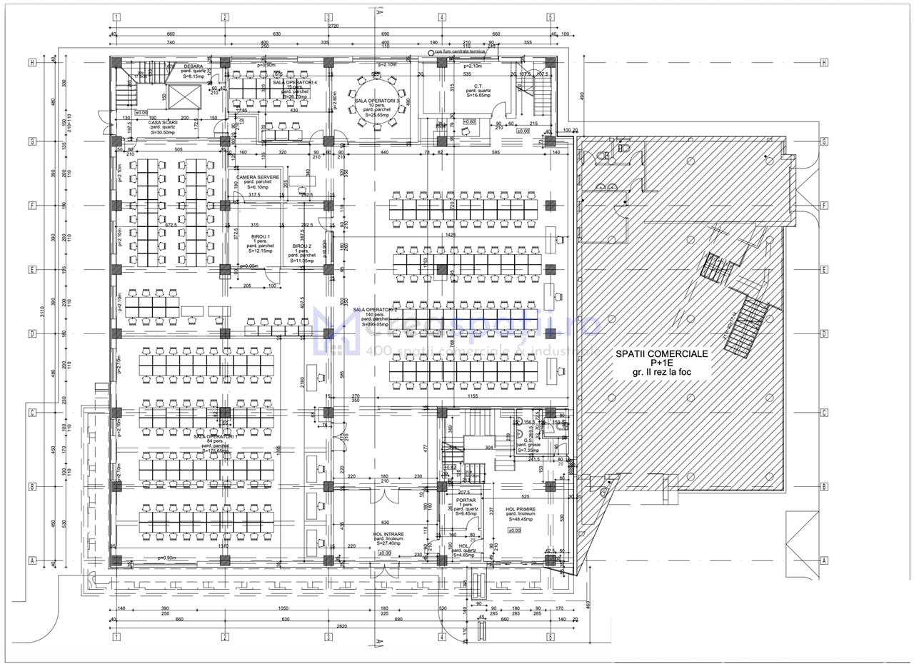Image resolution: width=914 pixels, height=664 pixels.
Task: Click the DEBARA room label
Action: pyautogui.click(x=193, y=66)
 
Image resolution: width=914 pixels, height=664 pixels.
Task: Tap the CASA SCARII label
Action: pyautogui.click(x=163, y=122)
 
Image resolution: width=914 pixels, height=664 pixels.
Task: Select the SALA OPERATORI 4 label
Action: pyautogui.click(x=294, y=83)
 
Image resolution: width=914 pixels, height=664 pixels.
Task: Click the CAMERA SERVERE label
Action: pyautogui.click(x=258, y=177)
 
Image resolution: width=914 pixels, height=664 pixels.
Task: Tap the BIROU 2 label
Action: pyautogui.click(x=302, y=246)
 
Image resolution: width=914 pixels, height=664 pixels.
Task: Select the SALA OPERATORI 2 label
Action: pyautogui.click(x=375, y=310)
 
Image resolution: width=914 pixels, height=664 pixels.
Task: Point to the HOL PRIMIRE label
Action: pyautogui.click(x=520, y=509)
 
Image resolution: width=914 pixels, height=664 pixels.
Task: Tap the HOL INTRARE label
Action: pyautogui.click(x=388, y=534)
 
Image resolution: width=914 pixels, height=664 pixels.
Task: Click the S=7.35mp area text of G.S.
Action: pyautogui.click(x=528, y=451)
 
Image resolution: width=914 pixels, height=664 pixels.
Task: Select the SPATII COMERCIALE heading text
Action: pyautogui.click(x=662, y=353)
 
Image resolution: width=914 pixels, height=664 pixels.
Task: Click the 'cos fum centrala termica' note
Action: pyautogui.click(x=460, y=51)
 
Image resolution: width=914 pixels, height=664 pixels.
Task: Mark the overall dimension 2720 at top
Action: pyautogui.click(x=333, y=26)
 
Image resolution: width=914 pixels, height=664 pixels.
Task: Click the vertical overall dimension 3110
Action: pyautogui.click(x=42, y=311)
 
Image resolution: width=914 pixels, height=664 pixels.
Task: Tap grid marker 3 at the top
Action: pyautogui.click(x=328, y=17)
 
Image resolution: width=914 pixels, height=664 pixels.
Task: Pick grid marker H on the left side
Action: pyautogui.click(x=32, y=63)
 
